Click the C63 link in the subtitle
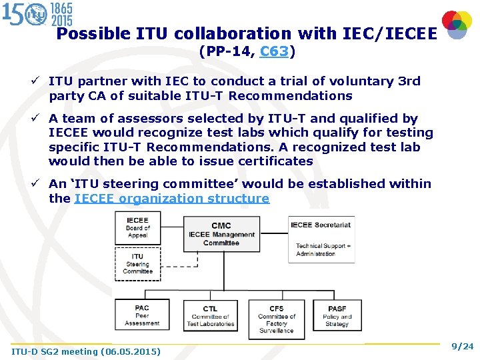click(x=275, y=51)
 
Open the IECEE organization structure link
click(x=172, y=198)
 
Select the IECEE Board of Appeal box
click(x=138, y=228)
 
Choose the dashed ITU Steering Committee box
click(x=138, y=263)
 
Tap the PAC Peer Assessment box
click(x=142, y=315)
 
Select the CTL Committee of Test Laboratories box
click(x=210, y=316)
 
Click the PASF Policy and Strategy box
click(x=337, y=315)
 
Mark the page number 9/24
click(x=462, y=346)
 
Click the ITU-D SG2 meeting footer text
click(x=86, y=351)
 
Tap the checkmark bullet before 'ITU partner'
click(x=41, y=81)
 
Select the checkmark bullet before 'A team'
click(x=41, y=119)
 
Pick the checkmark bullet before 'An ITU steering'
click(x=41, y=183)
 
